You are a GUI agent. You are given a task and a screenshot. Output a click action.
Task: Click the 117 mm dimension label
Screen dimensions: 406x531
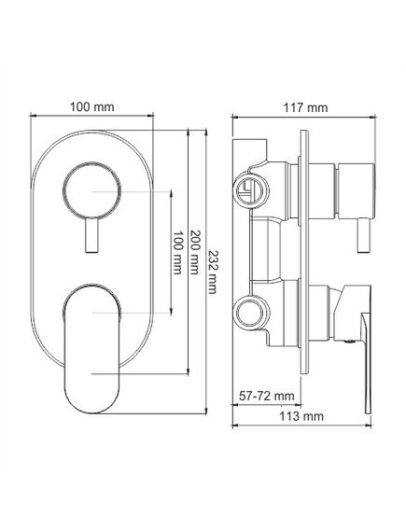pos(305,107)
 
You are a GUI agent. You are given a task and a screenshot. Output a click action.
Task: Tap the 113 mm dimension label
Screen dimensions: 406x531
pos(301,416)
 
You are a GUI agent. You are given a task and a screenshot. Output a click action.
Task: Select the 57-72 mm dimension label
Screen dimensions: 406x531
pos(267,396)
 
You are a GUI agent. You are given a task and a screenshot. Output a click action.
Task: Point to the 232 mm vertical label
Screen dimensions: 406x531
pos(212,272)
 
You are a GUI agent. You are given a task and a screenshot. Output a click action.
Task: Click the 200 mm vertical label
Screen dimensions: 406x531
pos(194,252)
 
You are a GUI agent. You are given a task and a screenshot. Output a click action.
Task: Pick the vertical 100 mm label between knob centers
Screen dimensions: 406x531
pos(177,253)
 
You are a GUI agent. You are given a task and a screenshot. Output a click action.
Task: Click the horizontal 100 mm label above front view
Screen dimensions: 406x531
pos(91,107)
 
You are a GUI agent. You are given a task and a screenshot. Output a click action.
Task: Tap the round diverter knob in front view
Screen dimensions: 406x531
pos(91,190)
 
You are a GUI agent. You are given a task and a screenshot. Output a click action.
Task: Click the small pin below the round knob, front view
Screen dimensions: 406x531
pos(91,235)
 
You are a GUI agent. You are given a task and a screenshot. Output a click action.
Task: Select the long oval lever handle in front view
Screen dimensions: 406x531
pos(91,349)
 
